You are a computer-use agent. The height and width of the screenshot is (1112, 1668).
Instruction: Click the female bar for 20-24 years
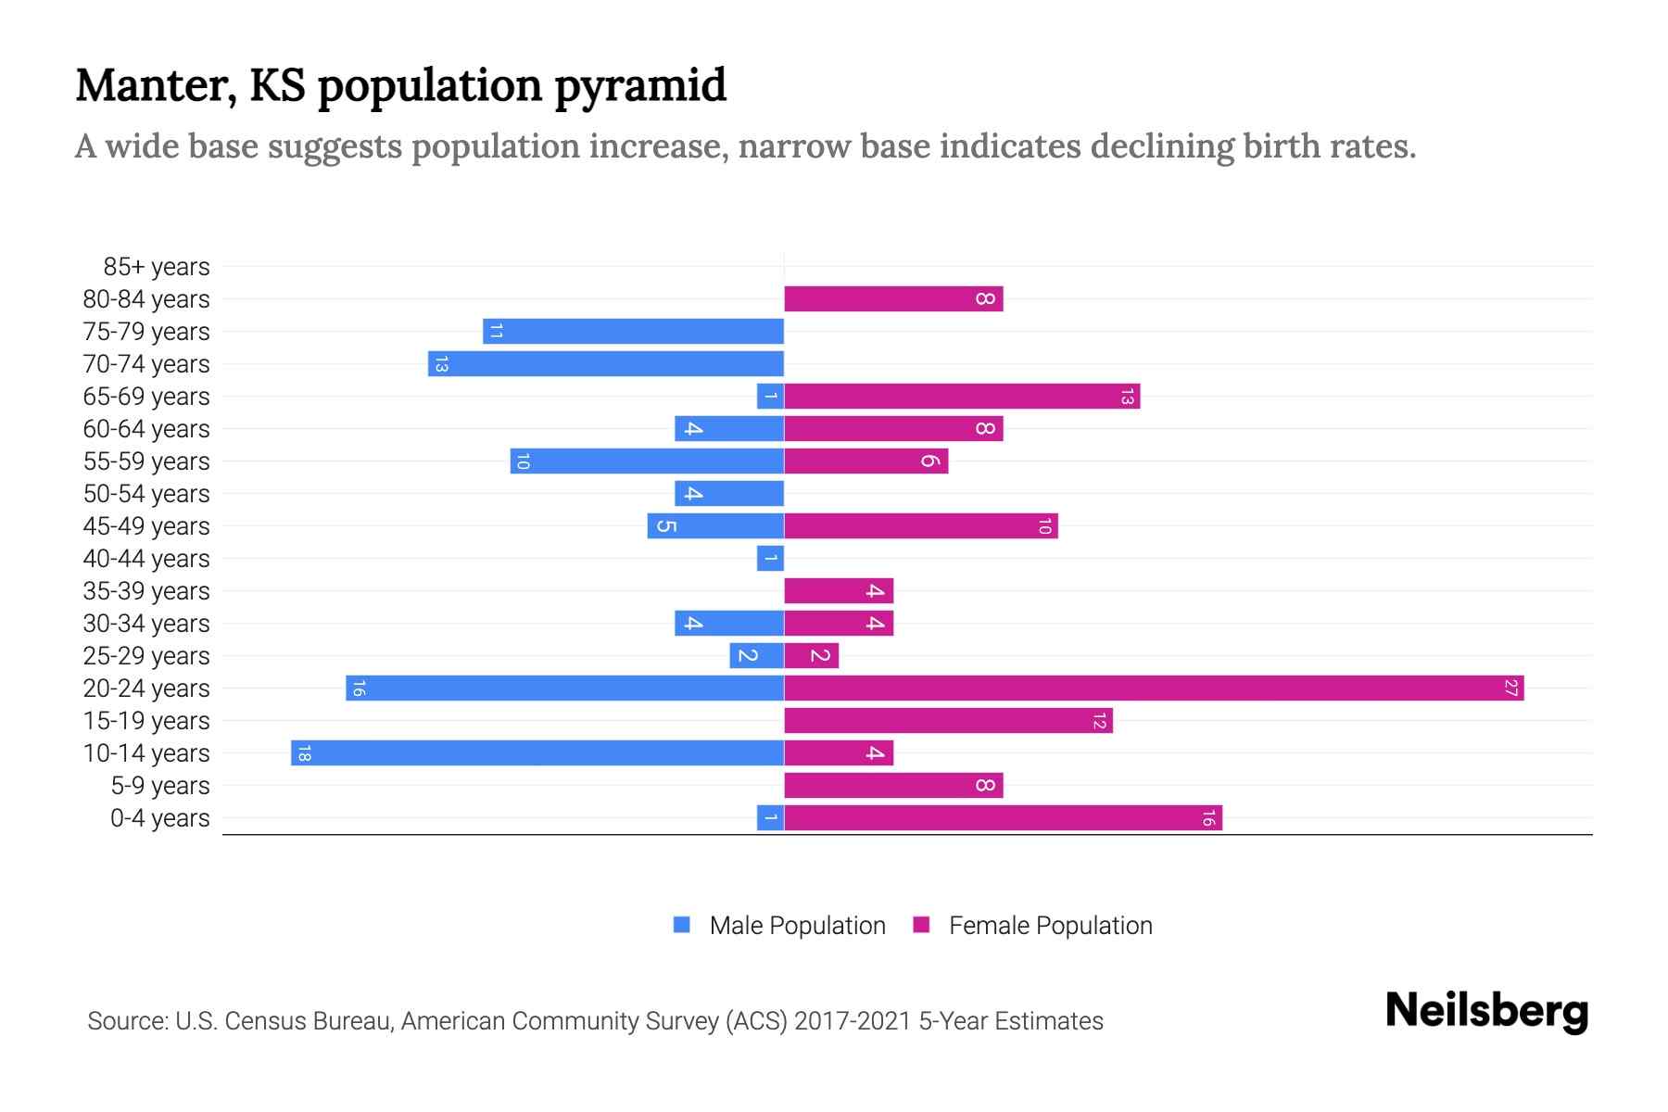tap(1154, 689)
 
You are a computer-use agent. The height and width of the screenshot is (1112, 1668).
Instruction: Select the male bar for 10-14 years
tap(537, 753)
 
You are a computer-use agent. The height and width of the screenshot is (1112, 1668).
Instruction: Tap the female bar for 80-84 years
tap(893, 299)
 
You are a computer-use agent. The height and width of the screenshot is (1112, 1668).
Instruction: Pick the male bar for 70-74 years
tap(606, 364)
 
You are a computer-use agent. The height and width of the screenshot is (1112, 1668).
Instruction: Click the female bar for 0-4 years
tap(1003, 818)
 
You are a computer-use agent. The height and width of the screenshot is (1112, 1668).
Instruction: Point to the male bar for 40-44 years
tap(770, 559)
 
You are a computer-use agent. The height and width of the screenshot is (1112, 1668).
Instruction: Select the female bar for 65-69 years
tap(962, 397)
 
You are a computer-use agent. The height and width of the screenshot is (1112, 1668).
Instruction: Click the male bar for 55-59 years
tap(647, 461)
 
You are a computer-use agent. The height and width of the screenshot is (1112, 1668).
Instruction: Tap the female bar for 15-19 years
tap(948, 721)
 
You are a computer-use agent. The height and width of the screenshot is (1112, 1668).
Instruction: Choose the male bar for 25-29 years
tap(756, 656)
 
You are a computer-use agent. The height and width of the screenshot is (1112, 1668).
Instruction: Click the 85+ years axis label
tap(157, 267)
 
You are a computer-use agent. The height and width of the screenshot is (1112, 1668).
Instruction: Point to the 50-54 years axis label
tap(146, 494)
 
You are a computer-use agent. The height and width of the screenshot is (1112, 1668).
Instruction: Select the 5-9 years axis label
tap(160, 786)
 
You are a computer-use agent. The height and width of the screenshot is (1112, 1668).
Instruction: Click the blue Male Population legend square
tap(682, 925)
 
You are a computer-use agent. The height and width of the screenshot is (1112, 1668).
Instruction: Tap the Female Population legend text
tap(1050, 926)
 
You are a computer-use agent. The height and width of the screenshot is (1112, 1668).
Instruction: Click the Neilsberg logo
tap(1486, 1011)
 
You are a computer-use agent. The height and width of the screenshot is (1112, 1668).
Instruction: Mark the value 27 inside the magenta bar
tap(1511, 689)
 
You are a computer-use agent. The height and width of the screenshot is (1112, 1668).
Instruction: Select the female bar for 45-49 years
tap(921, 526)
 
